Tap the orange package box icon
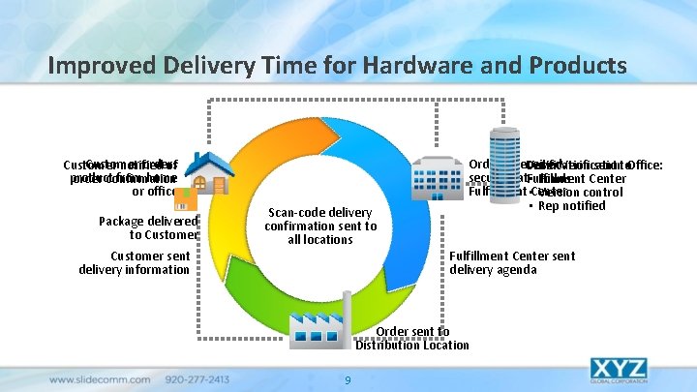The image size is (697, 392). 186,198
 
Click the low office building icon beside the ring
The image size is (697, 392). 437,178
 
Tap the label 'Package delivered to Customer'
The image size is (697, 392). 148,227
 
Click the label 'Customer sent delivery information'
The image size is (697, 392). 135,262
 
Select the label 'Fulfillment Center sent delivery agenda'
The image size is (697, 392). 512,262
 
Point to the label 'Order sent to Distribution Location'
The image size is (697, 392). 412,338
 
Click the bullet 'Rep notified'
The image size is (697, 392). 570,205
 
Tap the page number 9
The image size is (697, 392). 348,379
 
